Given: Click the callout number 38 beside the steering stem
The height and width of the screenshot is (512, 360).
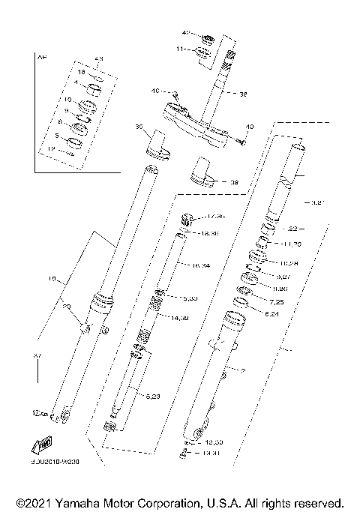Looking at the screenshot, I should (x=242, y=95).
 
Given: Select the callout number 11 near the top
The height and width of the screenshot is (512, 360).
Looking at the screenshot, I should (x=179, y=49).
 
